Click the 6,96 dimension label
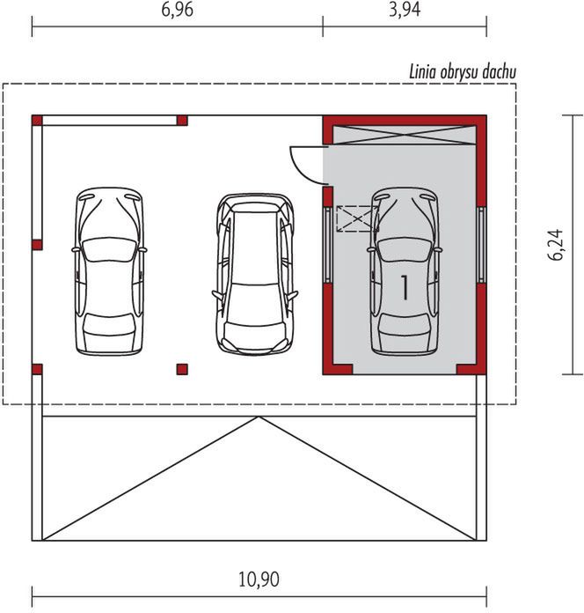point(178,11)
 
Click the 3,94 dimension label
point(405,11)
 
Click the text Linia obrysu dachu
point(463,71)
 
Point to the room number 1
point(405,287)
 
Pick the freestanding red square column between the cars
point(182,368)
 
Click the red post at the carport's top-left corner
point(37,120)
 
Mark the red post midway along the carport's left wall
point(37,244)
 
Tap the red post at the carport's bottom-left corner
point(37,368)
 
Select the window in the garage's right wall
point(481,244)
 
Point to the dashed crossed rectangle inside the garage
point(356,218)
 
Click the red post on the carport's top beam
point(182,120)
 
